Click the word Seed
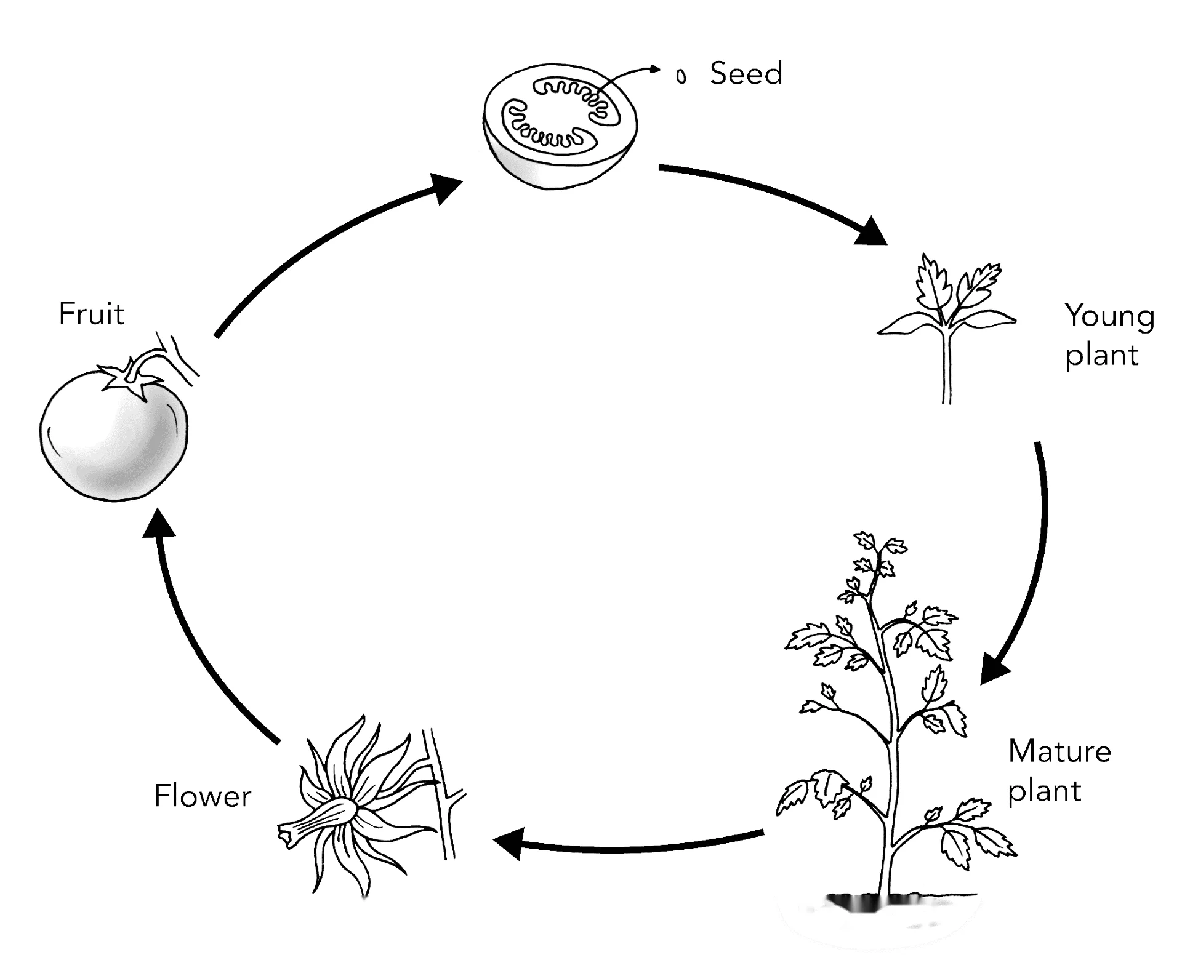[x=746, y=73]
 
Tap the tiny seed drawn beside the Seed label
[x=681, y=76]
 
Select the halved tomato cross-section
[x=560, y=125]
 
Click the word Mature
[x=1059, y=751]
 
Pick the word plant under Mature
[x=1045, y=791]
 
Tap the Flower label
[x=203, y=796]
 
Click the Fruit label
[x=91, y=314]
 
